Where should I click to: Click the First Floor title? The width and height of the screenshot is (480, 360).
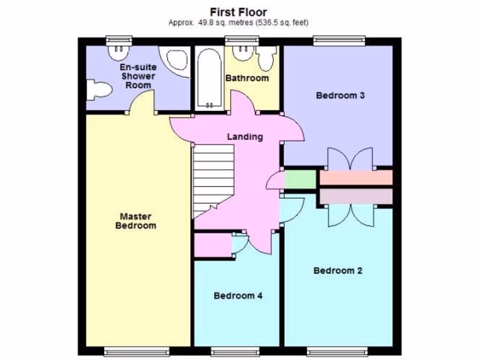(x=238, y=12)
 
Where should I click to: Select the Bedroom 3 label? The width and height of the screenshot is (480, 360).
(x=340, y=96)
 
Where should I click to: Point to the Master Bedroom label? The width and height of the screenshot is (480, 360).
(x=135, y=221)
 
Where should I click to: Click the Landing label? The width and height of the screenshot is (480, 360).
(x=245, y=137)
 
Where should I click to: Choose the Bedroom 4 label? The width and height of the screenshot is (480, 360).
(x=238, y=296)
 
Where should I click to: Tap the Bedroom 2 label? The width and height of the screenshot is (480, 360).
(x=337, y=270)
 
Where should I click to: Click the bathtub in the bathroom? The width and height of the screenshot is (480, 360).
(x=209, y=79)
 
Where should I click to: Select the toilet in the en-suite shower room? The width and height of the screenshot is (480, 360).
(x=98, y=90)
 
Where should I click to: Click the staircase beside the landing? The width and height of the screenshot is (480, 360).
(x=213, y=180)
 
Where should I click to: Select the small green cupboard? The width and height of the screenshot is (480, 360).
(x=300, y=180)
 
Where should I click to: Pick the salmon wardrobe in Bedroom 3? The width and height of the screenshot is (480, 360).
(x=356, y=178)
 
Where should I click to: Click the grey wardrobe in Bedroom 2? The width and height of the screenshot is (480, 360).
(x=356, y=196)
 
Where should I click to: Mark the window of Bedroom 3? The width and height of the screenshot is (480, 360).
(x=339, y=41)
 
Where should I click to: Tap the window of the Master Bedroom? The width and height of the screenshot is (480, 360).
(x=136, y=352)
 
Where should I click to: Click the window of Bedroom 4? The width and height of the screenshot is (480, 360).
(x=235, y=352)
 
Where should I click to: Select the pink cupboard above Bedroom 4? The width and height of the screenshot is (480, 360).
(x=212, y=245)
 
